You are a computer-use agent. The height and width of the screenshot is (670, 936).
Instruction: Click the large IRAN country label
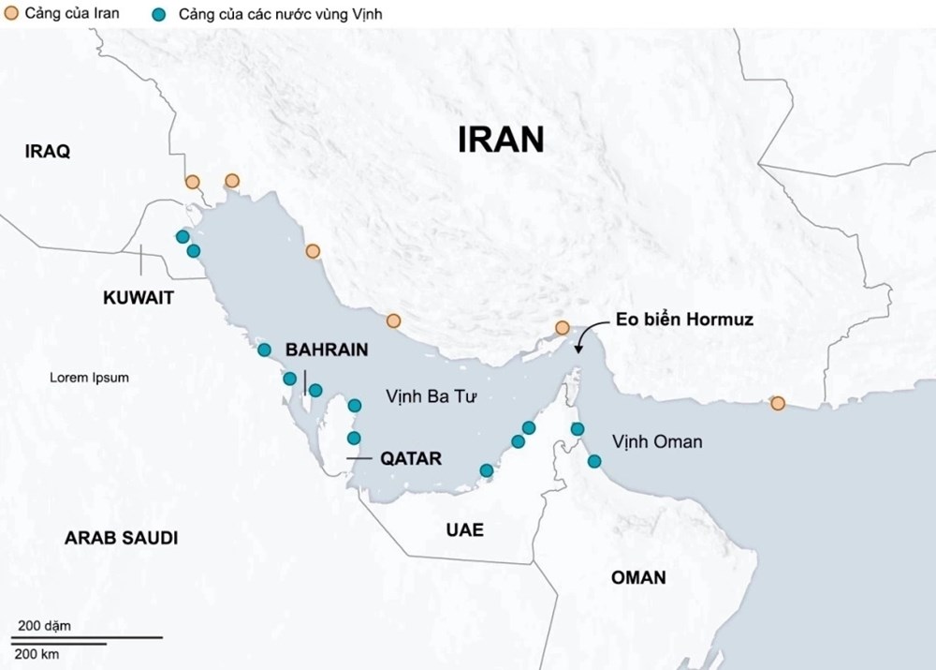[501, 139]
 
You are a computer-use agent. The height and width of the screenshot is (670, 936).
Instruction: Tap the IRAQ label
[48, 152]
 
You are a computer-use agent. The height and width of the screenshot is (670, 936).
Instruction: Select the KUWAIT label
[139, 298]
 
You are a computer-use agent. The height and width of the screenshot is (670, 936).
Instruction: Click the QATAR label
[411, 459]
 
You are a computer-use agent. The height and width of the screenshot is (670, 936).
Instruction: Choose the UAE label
[465, 530]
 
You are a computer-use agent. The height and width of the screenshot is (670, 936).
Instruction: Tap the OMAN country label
[638, 577]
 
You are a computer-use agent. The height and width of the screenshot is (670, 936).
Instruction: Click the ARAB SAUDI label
[121, 538]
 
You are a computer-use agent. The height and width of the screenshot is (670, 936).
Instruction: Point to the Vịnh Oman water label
[656, 441]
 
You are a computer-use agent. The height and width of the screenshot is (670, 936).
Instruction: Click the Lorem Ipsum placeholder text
[89, 378]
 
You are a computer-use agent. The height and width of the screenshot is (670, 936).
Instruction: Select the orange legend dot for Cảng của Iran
[9, 14]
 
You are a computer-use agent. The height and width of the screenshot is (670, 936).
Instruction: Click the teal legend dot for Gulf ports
[159, 14]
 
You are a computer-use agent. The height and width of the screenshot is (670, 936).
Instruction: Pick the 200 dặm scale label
[44, 625]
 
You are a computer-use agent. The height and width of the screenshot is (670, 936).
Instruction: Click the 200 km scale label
[38, 654]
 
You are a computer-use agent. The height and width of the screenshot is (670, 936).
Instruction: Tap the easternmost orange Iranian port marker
[777, 404]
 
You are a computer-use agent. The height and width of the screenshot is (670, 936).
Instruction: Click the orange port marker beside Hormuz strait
[562, 328]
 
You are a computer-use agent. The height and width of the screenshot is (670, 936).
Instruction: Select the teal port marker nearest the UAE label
[486, 470]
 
